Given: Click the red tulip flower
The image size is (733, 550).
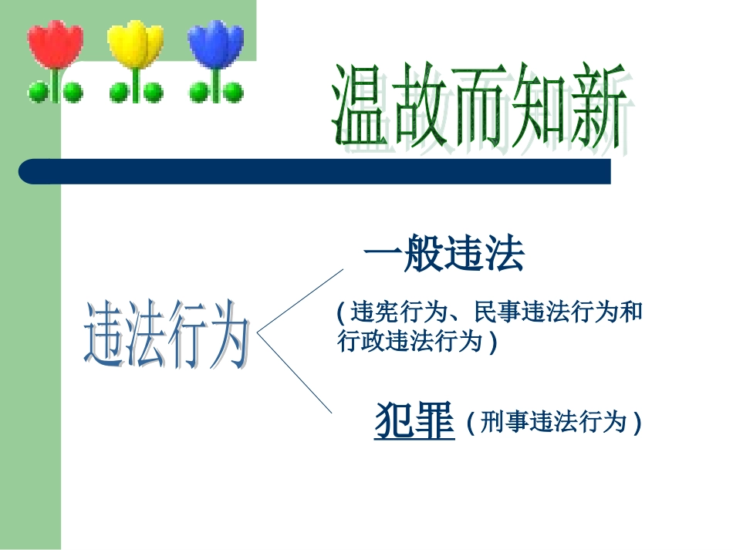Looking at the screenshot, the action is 55,44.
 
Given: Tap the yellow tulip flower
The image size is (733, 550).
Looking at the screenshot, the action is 136,44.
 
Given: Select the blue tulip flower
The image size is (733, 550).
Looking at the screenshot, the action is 216,44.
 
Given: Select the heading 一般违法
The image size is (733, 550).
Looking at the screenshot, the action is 444,253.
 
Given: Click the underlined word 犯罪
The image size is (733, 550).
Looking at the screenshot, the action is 414,420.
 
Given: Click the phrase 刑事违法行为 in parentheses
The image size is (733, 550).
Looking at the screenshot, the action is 553,421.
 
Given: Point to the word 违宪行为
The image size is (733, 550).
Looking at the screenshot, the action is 398,312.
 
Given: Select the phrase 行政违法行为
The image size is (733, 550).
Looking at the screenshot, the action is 410,340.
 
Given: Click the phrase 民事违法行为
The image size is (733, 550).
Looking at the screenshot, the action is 546,312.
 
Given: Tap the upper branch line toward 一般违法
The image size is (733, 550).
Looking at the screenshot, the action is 300,301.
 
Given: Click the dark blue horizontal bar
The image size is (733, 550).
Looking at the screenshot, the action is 315,171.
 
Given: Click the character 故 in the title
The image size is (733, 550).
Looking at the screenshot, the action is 420,105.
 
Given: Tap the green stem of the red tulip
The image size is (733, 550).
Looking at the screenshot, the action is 56,85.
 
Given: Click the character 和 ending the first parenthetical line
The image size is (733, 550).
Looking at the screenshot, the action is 631,312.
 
